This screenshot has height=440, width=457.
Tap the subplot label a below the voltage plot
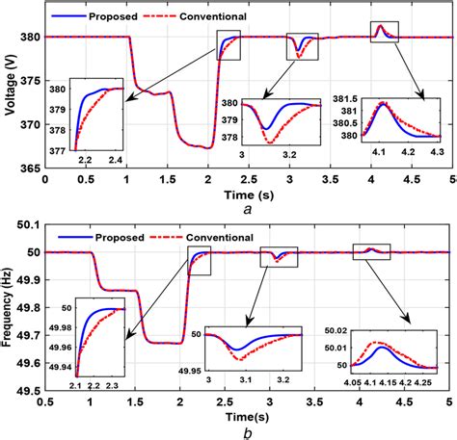click(248, 205)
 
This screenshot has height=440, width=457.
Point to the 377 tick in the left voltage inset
click(60, 148)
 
